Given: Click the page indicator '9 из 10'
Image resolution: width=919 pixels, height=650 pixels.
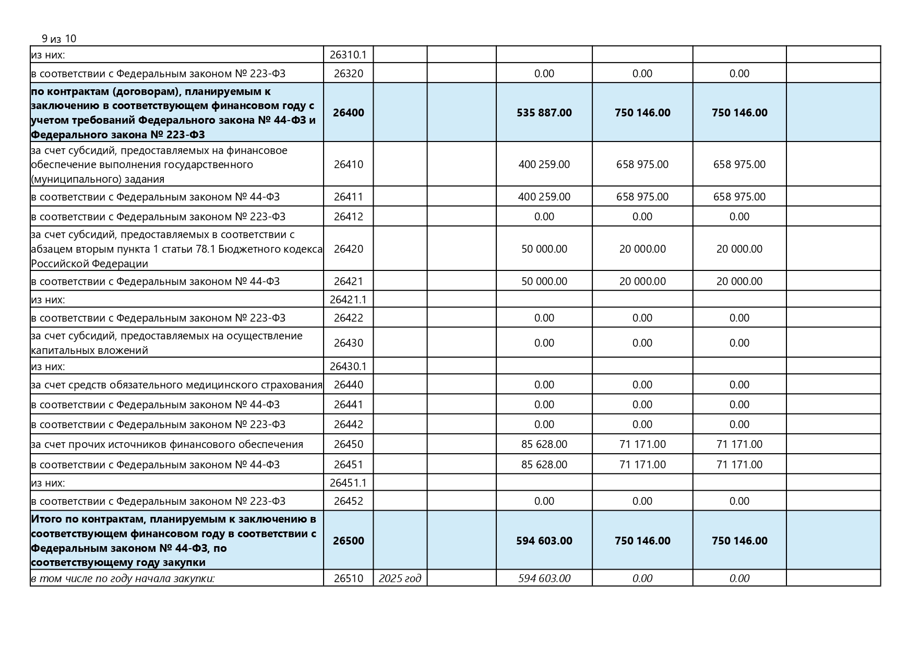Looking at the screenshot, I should pos(59,39).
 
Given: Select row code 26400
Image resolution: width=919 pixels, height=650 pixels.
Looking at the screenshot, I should pos(348,113).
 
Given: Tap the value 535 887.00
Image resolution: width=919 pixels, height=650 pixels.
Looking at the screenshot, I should pos(544,113).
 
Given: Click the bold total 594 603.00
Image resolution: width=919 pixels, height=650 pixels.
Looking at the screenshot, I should pos(544,541).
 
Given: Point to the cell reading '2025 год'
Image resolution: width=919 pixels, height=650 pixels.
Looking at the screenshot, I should pos(400,578).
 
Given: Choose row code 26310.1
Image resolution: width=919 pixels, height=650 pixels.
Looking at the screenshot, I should pos(348,55).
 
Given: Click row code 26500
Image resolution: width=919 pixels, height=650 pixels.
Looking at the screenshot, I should pos(348,541).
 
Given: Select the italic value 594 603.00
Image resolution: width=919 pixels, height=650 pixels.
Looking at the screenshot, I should pos(544,578).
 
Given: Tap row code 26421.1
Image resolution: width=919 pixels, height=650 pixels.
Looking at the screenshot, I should pos(348,300).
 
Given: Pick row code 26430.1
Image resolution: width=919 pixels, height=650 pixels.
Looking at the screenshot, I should pos(348,367).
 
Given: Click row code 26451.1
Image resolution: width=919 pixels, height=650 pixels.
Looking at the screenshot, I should pos(348,483).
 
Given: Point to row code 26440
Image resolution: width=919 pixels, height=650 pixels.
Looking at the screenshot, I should pos(348,385).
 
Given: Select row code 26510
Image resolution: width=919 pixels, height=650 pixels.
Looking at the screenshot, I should pos(348,578).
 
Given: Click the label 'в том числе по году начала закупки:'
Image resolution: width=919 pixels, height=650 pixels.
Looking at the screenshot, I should pos(123,578).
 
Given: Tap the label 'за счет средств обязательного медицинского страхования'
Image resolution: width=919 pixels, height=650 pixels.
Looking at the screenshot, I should pos(176,385).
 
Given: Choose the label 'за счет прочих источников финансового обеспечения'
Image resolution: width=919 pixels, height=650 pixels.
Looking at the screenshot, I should pos(167,444).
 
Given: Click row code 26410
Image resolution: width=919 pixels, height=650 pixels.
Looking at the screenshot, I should pos(348,164).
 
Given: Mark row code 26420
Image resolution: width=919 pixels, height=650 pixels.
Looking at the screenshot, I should pos(348,249).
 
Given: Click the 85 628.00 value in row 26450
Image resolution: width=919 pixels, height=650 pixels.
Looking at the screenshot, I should pos(544,444).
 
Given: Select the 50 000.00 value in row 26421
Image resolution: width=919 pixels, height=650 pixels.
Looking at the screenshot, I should pos(544,281).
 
